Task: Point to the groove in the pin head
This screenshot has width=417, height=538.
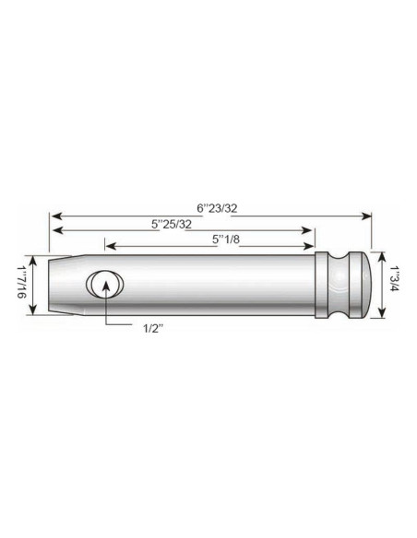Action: point(345,285)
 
